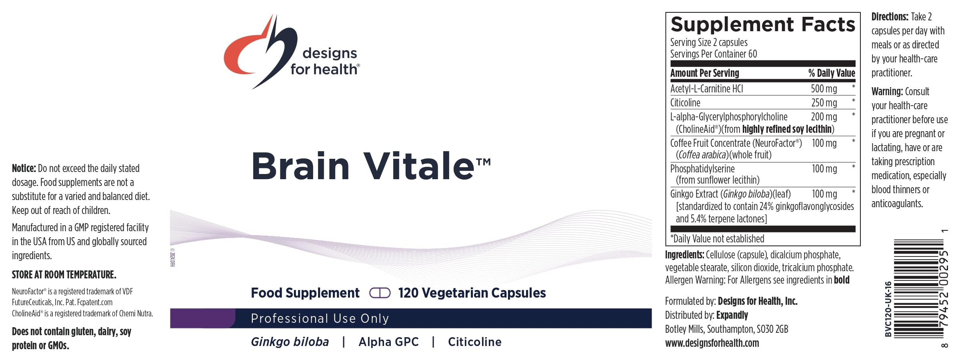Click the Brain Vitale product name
pyautogui.click(x=371, y=166)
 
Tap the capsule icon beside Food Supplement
pyautogui.click(x=380, y=293)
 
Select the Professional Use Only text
pyautogui.click(x=320, y=318)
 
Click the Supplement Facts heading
pyautogui.click(x=763, y=24)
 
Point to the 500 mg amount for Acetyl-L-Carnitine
pyautogui.click(x=824, y=89)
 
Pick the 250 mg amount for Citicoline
pyautogui.click(x=824, y=103)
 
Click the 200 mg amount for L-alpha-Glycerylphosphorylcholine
pyautogui.click(x=824, y=117)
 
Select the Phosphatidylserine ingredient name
pyautogui.click(x=702, y=169)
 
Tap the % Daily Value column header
pyautogui.click(x=832, y=73)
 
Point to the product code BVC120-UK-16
pyautogui.click(x=888, y=309)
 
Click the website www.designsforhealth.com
pyautogui.click(x=712, y=343)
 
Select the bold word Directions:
pyautogui.click(x=890, y=17)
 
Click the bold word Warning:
pyautogui.click(x=887, y=92)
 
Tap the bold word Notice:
pyautogui.click(x=24, y=168)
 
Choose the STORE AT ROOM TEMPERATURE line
pyautogui.click(x=64, y=275)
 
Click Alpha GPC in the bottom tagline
pyautogui.click(x=388, y=342)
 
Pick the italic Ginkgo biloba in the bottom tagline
pyautogui.click(x=290, y=342)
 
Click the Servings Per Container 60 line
pyautogui.click(x=714, y=54)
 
